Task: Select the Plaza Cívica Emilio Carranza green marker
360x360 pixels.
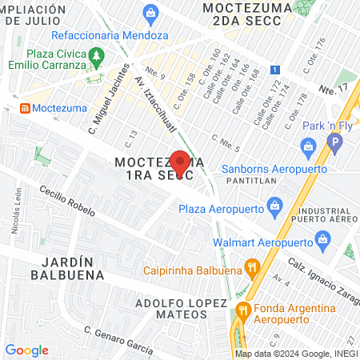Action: [97, 57]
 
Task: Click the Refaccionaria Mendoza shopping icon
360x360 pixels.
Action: [150, 14]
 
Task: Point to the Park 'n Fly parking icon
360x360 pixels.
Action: [335, 145]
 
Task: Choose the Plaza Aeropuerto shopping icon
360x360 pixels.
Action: [275, 207]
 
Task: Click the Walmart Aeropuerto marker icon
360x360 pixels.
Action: [323, 238]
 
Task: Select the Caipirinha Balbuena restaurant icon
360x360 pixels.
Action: [252, 268]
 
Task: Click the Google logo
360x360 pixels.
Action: [27, 350]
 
